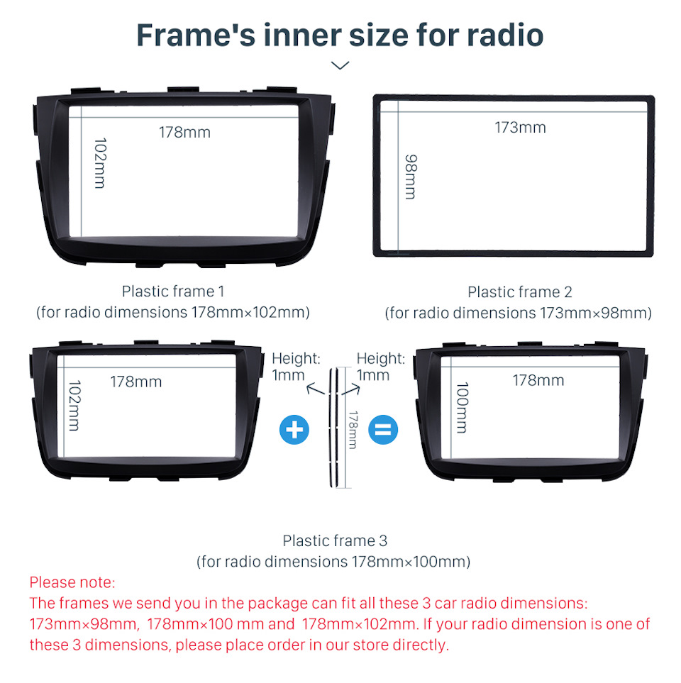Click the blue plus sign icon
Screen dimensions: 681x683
294,430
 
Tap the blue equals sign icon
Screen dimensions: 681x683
383,430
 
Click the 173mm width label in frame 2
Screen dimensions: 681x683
520,128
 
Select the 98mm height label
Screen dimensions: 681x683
411,177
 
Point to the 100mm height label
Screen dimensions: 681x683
462,408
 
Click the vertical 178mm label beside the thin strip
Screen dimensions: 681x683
353,430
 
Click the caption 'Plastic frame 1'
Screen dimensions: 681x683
173,291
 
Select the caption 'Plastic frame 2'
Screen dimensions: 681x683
520,291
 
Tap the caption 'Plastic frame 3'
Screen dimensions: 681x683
335,540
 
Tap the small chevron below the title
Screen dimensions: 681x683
340,65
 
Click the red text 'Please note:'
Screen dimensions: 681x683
72,582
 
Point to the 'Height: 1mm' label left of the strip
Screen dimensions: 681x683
296,367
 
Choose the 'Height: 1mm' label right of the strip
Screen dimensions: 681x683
381,367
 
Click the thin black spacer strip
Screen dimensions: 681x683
333,428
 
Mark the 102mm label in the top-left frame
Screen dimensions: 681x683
100,163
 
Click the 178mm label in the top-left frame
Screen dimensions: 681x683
184,133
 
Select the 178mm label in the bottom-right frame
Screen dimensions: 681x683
538,381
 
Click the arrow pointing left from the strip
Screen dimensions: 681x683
316,389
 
